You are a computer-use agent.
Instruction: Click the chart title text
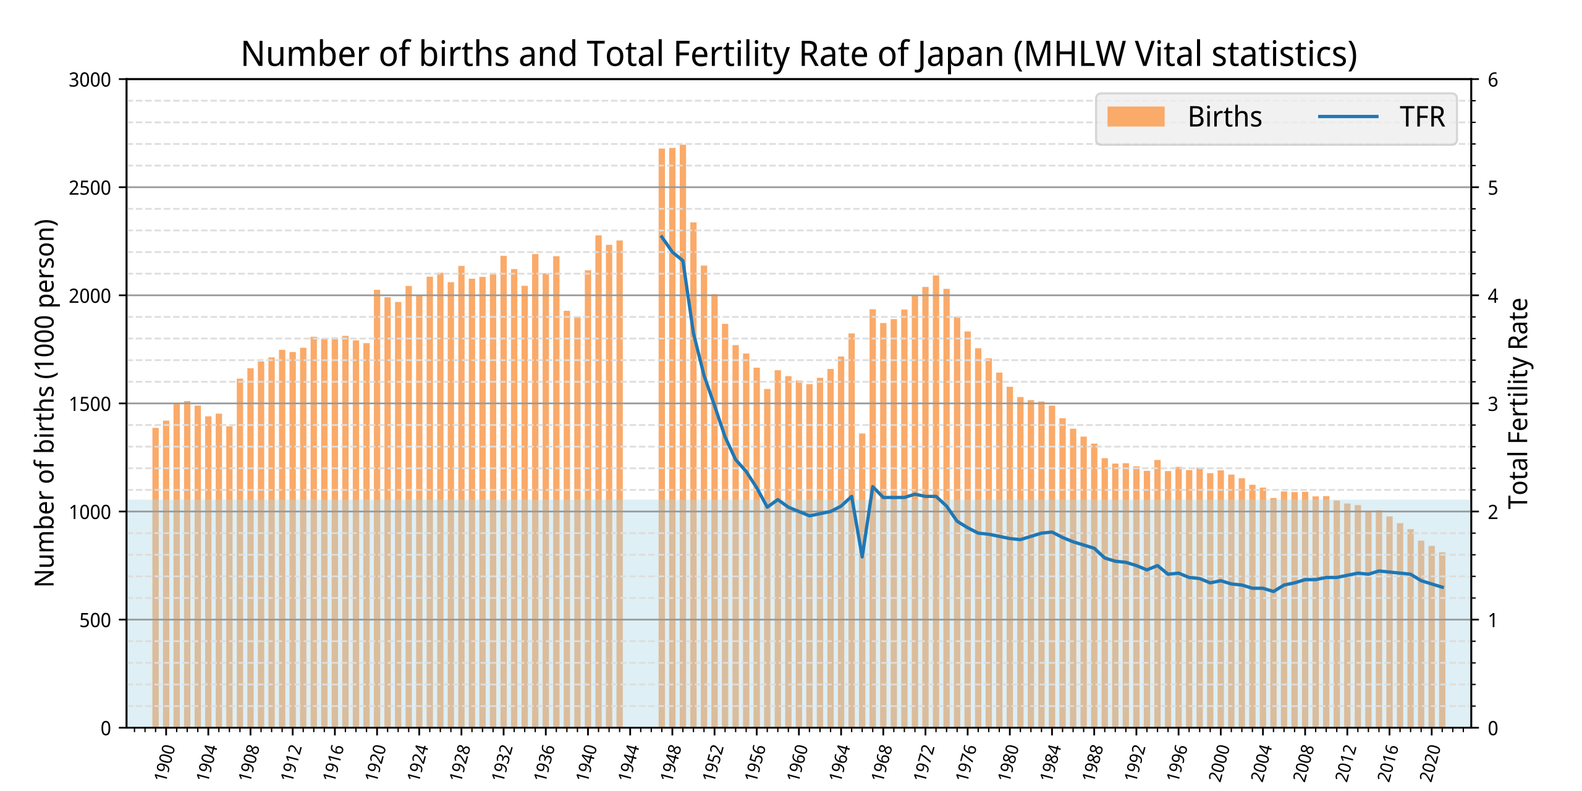(798, 54)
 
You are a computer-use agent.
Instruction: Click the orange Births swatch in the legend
(1135, 117)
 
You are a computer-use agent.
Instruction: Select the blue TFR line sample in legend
(1348, 117)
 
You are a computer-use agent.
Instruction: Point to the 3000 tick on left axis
(90, 80)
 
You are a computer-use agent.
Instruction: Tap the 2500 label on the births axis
(90, 188)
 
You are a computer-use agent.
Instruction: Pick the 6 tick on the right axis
(1492, 80)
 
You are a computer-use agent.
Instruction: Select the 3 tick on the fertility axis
(1492, 404)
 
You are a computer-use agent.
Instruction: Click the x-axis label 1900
(164, 762)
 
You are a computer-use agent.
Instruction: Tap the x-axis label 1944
(628, 762)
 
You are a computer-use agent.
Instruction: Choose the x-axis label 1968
(882, 762)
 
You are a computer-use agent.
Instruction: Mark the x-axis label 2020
(1430, 762)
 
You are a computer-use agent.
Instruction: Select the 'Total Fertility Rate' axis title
(1518, 403)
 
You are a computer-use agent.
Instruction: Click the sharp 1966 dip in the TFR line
(862, 556)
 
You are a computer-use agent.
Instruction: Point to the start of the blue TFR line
(662, 236)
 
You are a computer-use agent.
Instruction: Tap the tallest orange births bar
(683, 433)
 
